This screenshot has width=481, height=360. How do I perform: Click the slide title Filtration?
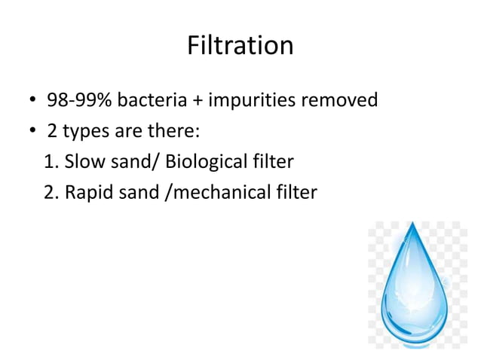[x=240, y=46]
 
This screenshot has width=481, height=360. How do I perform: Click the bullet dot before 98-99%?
[x=32, y=102]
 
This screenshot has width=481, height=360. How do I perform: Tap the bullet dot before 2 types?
[x=32, y=133]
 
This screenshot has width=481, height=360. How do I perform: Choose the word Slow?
[x=86, y=162]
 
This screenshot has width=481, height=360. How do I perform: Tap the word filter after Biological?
[x=272, y=162]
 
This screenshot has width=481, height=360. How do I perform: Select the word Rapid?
[x=88, y=193]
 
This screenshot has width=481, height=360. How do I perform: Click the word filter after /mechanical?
[x=297, y=193]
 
